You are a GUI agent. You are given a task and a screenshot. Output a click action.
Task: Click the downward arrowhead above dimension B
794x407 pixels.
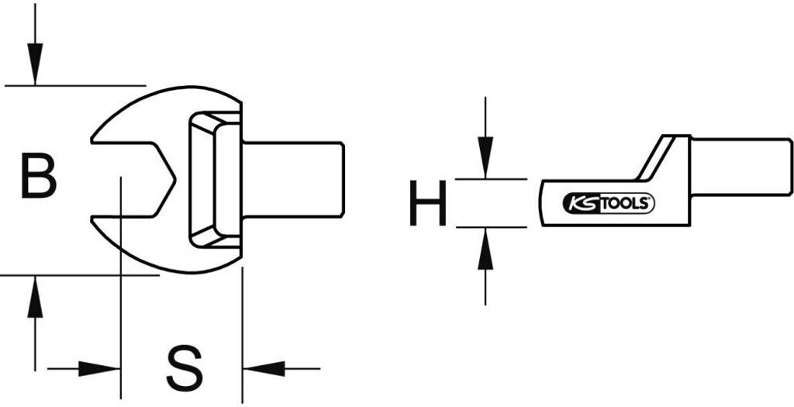click(34, 66)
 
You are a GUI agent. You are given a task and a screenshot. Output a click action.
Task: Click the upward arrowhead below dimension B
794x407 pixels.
click(34, 298)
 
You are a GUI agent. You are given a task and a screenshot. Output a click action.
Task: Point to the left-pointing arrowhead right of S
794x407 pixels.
click(261, 368)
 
